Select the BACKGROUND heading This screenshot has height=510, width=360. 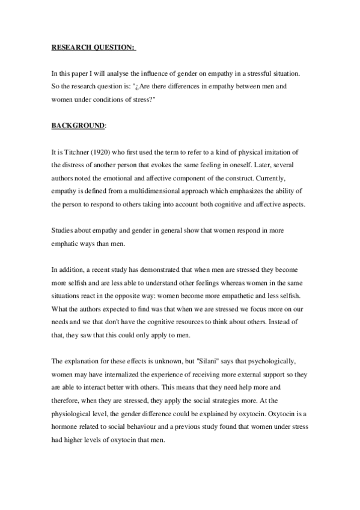[78, 125]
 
